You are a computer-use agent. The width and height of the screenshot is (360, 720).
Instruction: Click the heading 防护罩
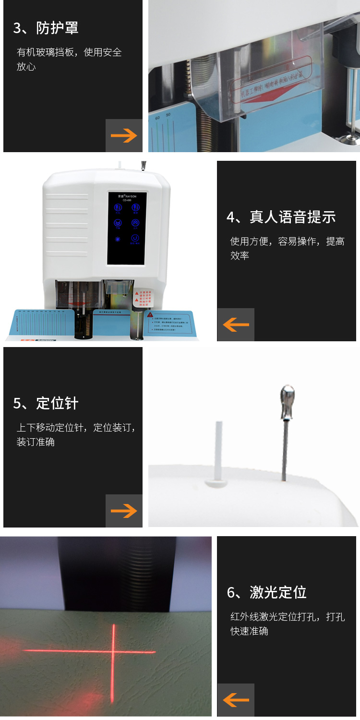pos(46,28)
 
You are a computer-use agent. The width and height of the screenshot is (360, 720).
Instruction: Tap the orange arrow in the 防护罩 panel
pos(124,136)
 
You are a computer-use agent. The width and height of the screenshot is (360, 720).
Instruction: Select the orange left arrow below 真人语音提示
pos(236,324)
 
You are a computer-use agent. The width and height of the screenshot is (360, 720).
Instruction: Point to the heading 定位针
pos(46,403)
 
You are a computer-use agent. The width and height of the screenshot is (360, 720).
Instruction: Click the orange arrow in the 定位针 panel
pos(124,511)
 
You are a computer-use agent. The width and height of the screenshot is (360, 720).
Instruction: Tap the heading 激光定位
pos(266,592)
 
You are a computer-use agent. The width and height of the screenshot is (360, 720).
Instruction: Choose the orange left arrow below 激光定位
pos(236,700)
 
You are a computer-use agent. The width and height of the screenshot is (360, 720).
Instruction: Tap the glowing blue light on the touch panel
pos(118,239)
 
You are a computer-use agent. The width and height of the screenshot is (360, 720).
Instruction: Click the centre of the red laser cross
pos(114,651)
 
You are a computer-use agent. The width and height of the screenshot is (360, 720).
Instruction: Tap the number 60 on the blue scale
pos(157,117)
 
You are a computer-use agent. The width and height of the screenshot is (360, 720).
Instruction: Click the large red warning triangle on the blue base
pos(151,315)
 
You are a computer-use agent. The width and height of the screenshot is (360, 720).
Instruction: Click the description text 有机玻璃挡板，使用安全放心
pos(69,59)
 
